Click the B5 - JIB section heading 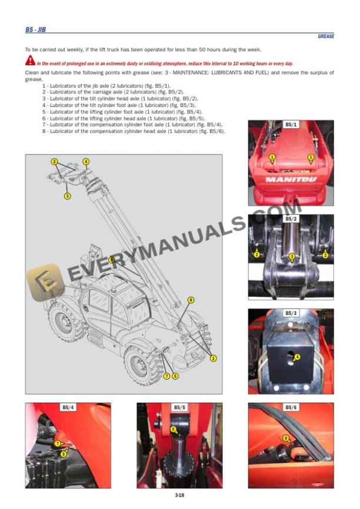click(x=35, y=29)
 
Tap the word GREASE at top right click(x=326, y=36)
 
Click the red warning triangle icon click(x=30, y=61)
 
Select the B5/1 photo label click(x=291, y=125)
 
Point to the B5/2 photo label click(x=291, y=219)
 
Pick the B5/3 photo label click(x=291, y=313)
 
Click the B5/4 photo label click(x=68, y=407)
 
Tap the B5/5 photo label click(x=179, y=407)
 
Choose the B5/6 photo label click(x=291, y=407)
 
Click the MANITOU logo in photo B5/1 click(x=291, y=179)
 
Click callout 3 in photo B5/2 click(x=292, y=256)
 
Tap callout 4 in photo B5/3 click(x=297, y=357)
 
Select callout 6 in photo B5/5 click(x=174, y=429)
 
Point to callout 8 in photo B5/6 click(x=286, y=438)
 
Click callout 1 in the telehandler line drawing click(x=213, y=359)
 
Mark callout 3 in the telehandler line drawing click(x=67, y=196)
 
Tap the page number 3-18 click(x=179, y=495)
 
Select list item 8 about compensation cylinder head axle click(x=134, y=132)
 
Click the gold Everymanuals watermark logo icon click(x=45, y=282)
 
